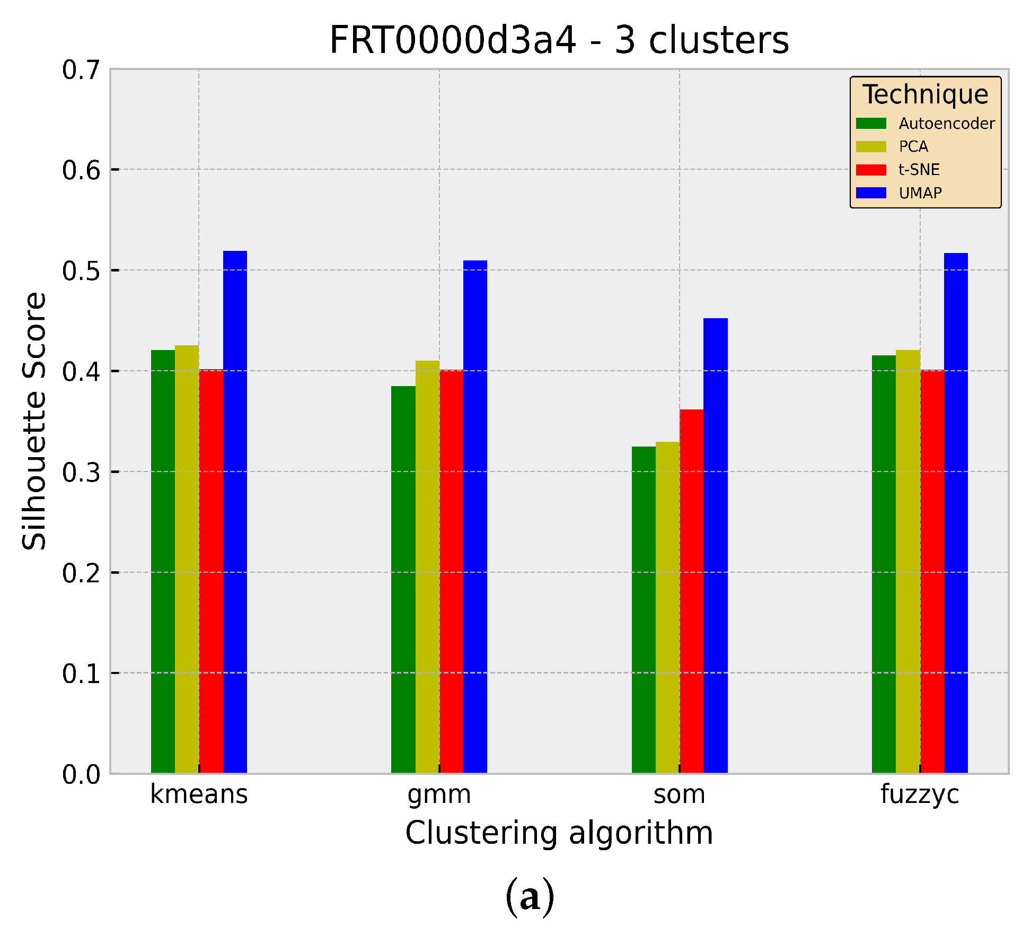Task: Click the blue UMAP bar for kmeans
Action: (x=235, y=512)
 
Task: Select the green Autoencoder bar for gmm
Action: (x=403, y=579)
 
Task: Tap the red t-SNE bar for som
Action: (x=691, y=591)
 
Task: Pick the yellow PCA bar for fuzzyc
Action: (x=907, y=561)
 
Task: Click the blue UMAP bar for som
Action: (x=715, y=545)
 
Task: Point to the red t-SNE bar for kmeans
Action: (x=211, y=571)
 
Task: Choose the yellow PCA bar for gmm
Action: (x=427, y=566)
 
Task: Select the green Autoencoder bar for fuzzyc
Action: (x=884, y=564)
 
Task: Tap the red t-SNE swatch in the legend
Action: (x=871, y=170)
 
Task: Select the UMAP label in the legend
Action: (x=920, y=193)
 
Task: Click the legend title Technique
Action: (x=925, y=95)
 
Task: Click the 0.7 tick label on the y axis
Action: (x=81, y=70)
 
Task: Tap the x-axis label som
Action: (x=679, y=794)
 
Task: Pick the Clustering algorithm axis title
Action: (x=559, y=833)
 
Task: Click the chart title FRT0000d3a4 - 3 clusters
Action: (x=559, y=40)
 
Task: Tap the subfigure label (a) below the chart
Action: (x=530, y=897)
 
